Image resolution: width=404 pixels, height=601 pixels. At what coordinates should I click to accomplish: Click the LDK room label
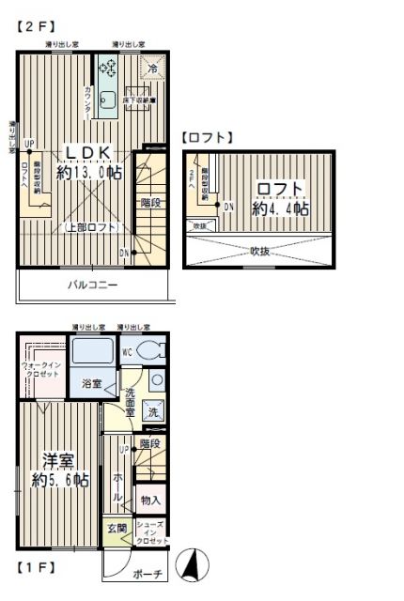click(88, 153)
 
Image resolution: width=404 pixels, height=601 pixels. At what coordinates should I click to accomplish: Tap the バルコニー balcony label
click(92, 285)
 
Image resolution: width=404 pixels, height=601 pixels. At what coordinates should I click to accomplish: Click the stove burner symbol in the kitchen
click(106, 68)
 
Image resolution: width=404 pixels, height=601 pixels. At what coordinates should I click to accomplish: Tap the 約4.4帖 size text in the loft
click(280, 208)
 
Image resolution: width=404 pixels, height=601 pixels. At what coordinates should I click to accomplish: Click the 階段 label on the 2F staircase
click(150, 202)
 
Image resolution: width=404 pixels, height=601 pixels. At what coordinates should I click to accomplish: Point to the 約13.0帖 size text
click(89, 173)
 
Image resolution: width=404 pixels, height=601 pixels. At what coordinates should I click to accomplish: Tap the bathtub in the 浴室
click(92, 353)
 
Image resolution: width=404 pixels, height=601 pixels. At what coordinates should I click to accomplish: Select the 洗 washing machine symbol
click(154, 409)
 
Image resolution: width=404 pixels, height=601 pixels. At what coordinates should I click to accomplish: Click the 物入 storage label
click(151, 501)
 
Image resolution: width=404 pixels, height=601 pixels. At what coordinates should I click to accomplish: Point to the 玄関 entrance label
click(116, 530)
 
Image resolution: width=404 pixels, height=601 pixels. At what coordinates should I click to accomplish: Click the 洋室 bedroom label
click(58, 460)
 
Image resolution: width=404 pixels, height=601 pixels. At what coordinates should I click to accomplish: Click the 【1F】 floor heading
click(36, 567)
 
